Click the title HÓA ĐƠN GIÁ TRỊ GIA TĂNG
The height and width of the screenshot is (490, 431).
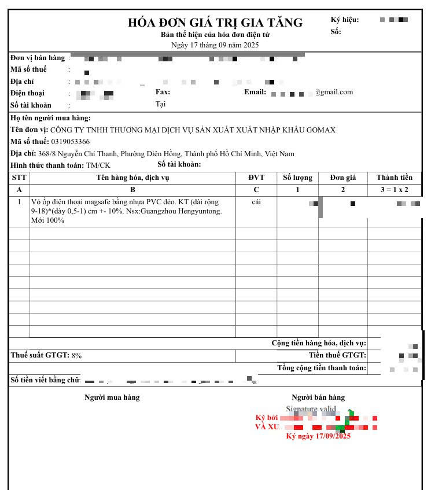click(x=215, y=23)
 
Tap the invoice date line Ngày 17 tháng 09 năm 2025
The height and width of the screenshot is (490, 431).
click(x=215, y=45)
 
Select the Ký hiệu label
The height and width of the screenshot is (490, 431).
click(x=345, y=20)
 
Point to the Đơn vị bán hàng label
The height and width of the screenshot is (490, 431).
click(x=38, y=58)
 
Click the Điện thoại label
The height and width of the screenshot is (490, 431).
click(x=27, y=93)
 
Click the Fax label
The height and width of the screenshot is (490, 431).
click(x=163, y=92)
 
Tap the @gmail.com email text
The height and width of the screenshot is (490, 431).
click(x=334, y=92)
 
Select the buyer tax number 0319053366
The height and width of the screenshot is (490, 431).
click(x=71, y=142)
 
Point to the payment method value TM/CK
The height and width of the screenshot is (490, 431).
click(x=98, y=165)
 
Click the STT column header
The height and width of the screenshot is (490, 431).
click(x=19, y=178)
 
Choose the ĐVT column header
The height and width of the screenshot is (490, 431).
click(x=256, y=178)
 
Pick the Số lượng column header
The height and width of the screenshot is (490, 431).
click(x=297, y=178)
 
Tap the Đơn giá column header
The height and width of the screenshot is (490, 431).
click(x=342, y=178)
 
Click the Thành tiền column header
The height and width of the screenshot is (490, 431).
click(x=395, y=178)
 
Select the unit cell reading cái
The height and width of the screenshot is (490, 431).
click(x=256, y=202)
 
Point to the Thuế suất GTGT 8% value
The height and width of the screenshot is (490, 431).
click(x=76, y=355)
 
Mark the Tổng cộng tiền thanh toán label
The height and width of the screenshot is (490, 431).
click(x=321, y=368)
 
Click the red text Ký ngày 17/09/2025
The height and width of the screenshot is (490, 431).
click(x=318, y=436)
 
